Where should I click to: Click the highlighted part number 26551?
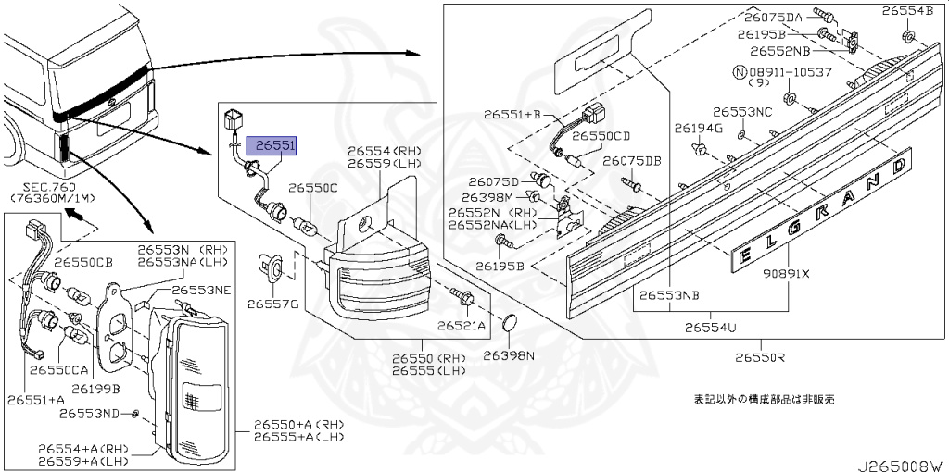point(276,146)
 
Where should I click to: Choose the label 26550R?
point(761,357)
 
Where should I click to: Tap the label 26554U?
point(711,327)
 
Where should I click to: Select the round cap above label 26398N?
point(509,324)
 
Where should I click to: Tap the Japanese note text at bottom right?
point(765,400)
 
